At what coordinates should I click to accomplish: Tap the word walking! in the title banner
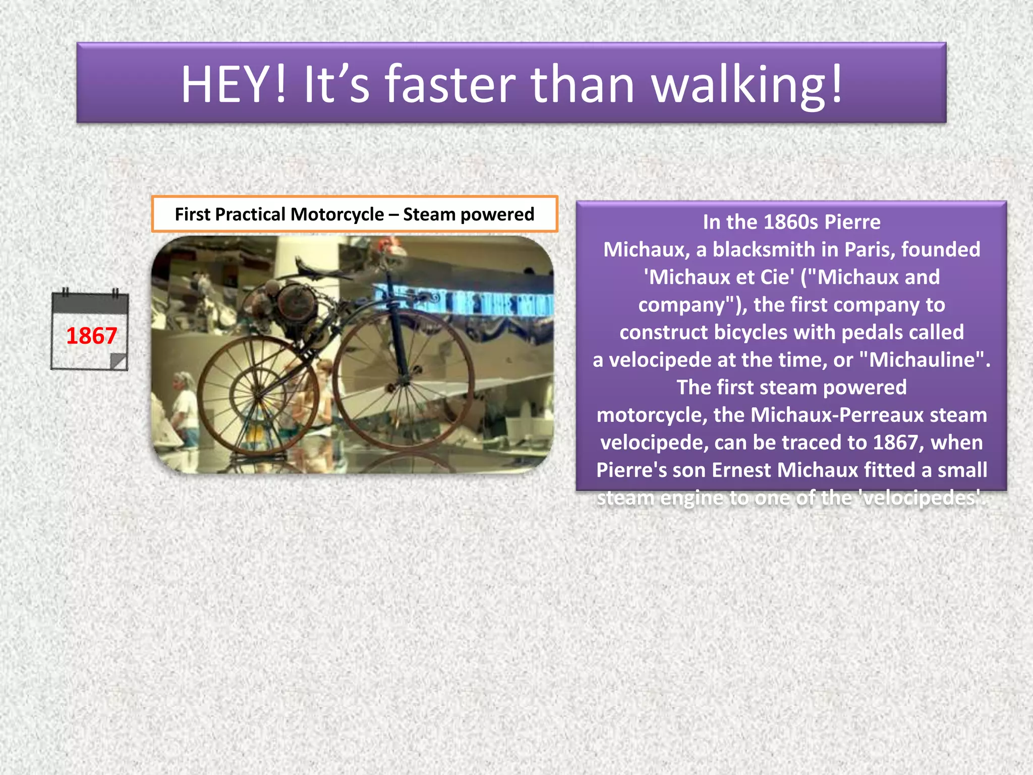pos(747,84)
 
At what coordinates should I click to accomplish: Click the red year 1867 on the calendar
pos(91,336)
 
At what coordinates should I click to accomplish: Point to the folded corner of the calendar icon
pos(119,361)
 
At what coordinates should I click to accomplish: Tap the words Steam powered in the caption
pos(469,214)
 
